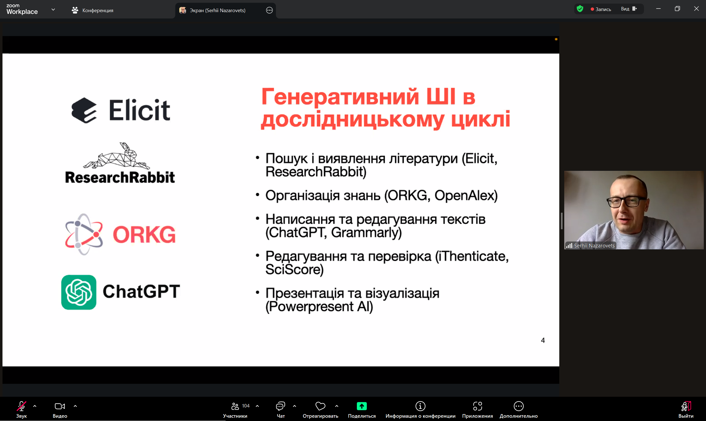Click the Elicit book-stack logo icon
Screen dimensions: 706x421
coord(84,110)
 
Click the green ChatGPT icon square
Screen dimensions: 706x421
coord(79,292)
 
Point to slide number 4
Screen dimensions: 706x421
coord(543,340)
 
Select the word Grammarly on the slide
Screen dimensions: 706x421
coord(366,233)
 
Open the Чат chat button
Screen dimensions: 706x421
coord(280,410)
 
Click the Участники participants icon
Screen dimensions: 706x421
coord(235,406)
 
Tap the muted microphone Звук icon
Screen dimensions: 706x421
coord(21,406)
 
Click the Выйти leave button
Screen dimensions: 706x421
coord(686,410)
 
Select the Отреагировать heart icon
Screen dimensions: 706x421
coord(320,406)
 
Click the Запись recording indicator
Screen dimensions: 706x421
coord(601,9)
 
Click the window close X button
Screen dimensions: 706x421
coord(696,9)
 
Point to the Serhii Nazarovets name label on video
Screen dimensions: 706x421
coord(594,246)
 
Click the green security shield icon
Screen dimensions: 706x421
coord(580,9)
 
